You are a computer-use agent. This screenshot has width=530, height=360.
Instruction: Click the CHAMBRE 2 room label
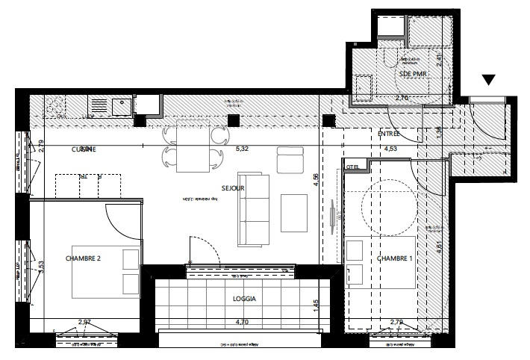(x=83, y=258)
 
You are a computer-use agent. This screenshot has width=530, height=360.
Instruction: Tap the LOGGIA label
(x=244, y=299)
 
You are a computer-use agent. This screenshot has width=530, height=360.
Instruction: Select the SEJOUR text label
(x=233, y=189)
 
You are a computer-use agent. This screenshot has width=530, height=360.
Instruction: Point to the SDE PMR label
(x=413, y=75)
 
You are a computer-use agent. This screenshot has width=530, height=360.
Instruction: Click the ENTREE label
(x=388, y=134)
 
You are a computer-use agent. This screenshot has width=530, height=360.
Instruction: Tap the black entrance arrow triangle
(x=489, y=80)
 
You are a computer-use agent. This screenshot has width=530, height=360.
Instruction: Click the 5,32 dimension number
(x=241, y=149)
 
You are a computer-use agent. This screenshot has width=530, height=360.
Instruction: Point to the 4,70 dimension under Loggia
(x=242, y=322)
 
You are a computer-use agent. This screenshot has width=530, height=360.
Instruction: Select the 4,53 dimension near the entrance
(x=390, y=149)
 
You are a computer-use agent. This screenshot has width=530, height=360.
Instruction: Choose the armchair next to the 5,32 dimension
(x=290, y=160)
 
